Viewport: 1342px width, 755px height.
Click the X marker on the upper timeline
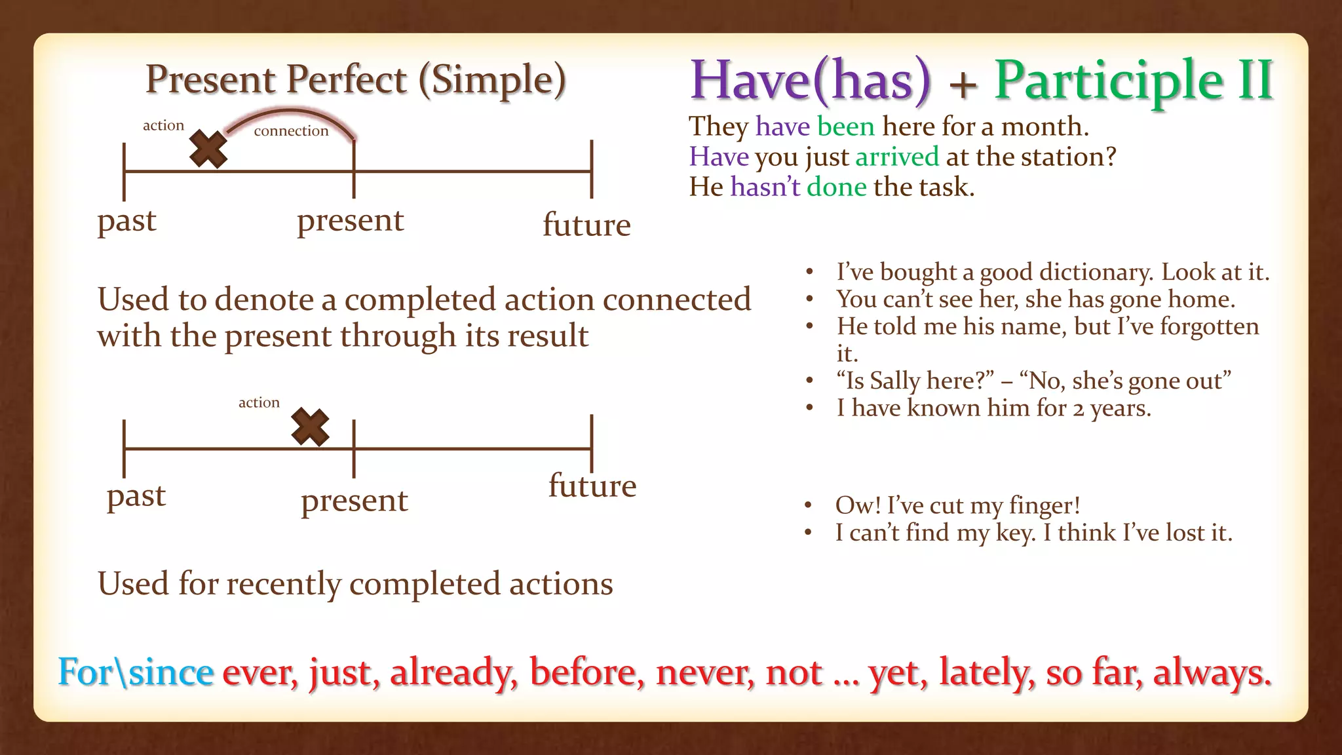pyautogui.click(x=208, y=149)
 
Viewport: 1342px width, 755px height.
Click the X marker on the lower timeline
pyautogui.click(x=310, y=427)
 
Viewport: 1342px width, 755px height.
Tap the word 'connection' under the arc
pyautogui.click(x=291, y=131)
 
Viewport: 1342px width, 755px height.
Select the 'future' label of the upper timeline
pyautogui.click(x=586, y=225)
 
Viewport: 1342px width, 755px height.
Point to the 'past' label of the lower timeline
pyautogui.click(x=136, y=495)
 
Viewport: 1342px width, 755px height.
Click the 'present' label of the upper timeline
pyautogui.click(x=351, y=221)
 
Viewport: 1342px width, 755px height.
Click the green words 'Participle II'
pyautogui.click(x=1134, y=81)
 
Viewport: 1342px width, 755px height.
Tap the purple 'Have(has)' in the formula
pyautogui.click(x=810, y=81)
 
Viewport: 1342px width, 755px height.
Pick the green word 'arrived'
pyautogui.click(x=897, y=157)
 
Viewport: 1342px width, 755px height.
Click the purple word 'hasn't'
pyautogui.click(x=765, y=187)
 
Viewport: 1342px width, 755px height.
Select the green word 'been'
pyautogui.click(x=845, y=126)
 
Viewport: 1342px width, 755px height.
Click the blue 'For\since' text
pyautogui.click(x=136, y=672)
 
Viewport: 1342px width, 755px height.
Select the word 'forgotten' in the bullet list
pyautogui.click(x=1209, y=326)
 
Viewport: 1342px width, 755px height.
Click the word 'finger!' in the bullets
pyautogui.click(x=1045, y=505)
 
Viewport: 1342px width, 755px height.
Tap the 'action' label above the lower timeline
pyautogui.click(x=259, y=402)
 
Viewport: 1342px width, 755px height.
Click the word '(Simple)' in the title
pyautogui.click(x=492, y=80)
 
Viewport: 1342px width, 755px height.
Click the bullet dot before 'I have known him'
pyautogui.click(x=810, y=408)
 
